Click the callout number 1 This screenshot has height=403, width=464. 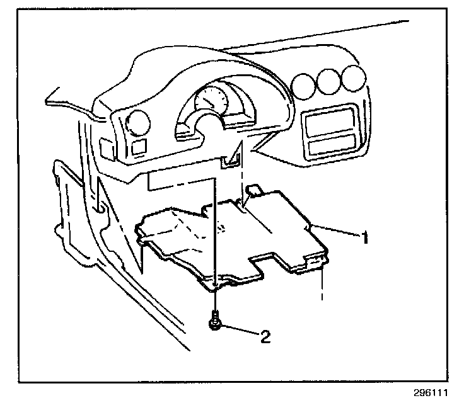tap(364, 238)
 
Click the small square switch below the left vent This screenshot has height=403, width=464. tap(137, 147)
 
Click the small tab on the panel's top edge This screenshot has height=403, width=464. tap(253, 188)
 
